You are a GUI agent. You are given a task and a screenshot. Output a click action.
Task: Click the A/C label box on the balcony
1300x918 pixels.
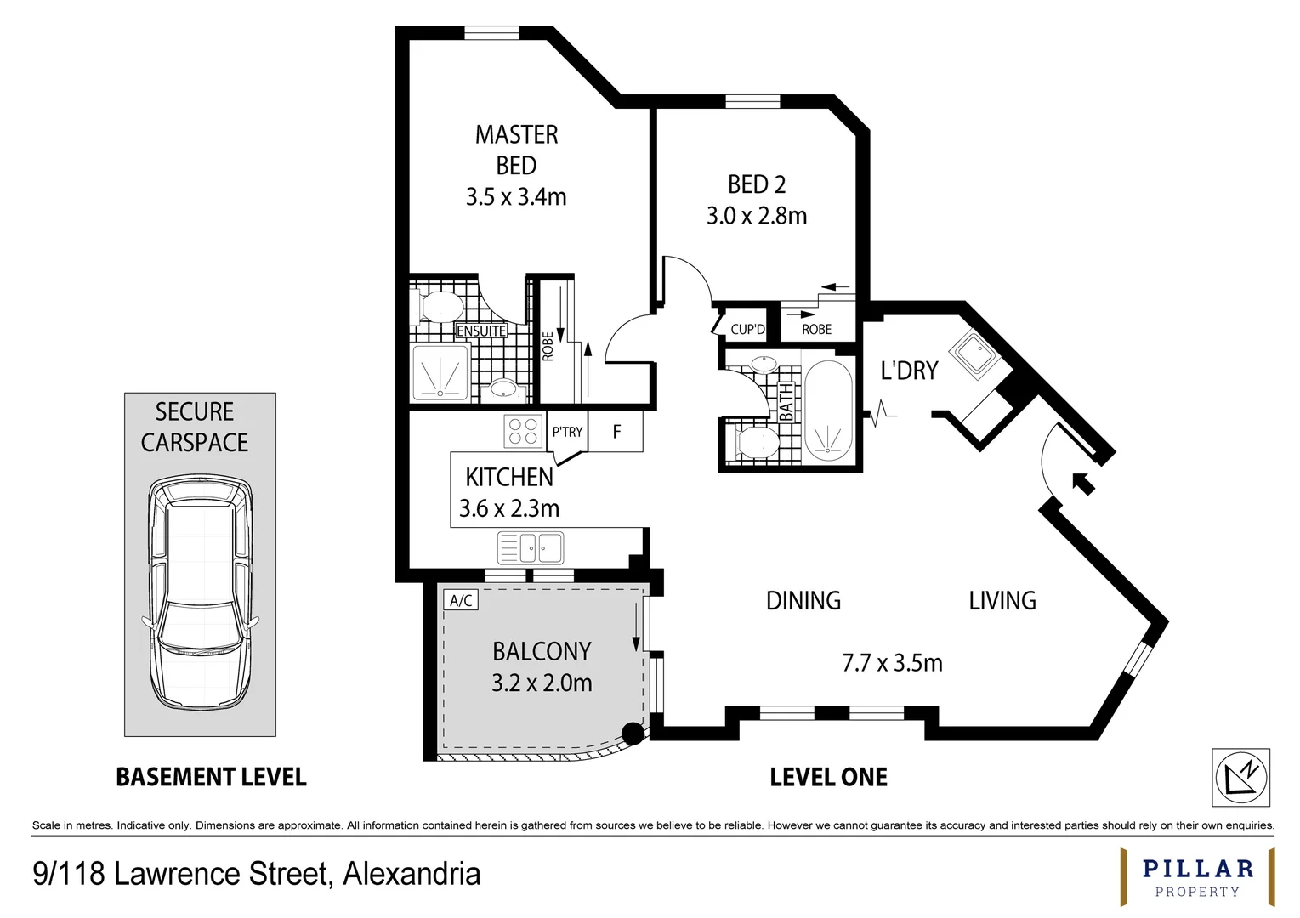click(461, 601)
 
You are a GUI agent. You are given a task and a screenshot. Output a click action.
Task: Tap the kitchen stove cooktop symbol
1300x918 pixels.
click(523, 431)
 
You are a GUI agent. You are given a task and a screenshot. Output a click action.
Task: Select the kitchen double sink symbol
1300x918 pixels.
click(531, 548)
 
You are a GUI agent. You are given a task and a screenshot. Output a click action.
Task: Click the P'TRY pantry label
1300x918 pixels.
click(567, 432)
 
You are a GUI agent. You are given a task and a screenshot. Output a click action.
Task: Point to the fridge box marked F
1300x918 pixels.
click(616, 432)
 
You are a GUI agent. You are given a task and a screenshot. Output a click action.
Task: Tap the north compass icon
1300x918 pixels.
click(1240, 777)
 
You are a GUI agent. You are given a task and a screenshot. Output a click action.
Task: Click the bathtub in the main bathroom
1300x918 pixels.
click(827, 411)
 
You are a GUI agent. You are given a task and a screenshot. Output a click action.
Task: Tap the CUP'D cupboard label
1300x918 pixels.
click(747, 330)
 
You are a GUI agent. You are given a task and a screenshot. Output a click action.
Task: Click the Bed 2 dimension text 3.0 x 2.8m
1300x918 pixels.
click(756, 216)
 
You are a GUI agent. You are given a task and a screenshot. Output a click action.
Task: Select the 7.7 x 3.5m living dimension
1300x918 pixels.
click(892, 663)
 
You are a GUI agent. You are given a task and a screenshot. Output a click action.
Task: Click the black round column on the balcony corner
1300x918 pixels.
click(632, 734)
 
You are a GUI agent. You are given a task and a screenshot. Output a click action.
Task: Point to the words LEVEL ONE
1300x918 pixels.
click(828, 777)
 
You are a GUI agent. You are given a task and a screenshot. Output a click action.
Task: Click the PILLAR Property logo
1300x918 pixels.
click(1197, 877)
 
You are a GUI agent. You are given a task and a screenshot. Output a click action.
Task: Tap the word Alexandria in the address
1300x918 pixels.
click(412, 874)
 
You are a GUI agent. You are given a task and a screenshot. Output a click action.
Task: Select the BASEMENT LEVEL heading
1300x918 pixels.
click(211, 777)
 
